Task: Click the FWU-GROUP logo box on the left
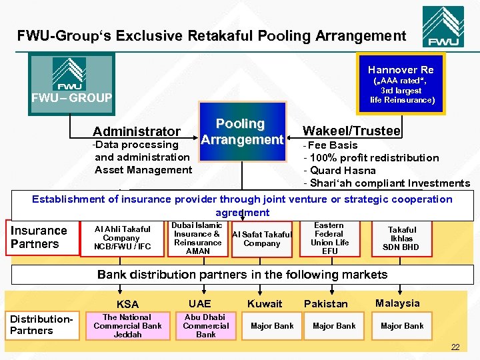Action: click(69, 83)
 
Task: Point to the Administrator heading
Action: click(137, 131)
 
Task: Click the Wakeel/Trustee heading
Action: click(351, 131)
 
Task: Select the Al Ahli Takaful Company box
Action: click(121, 238)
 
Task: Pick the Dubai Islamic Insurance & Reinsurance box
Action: click(197, 238)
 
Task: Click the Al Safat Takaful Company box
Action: click(261, 239)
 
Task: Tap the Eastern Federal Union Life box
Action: click(329, 238)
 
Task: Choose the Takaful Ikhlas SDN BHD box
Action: click(401, 238)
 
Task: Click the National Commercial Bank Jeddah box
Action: click(127, 326)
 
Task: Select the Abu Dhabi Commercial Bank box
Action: click(205, 326)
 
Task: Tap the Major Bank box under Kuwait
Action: click(272, 326)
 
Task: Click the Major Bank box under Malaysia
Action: click(402, 326)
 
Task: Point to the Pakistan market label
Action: click(326, 304)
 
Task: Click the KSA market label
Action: click(127, 305)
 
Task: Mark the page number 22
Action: click(455, 347)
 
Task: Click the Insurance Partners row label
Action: click(39, 237)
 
